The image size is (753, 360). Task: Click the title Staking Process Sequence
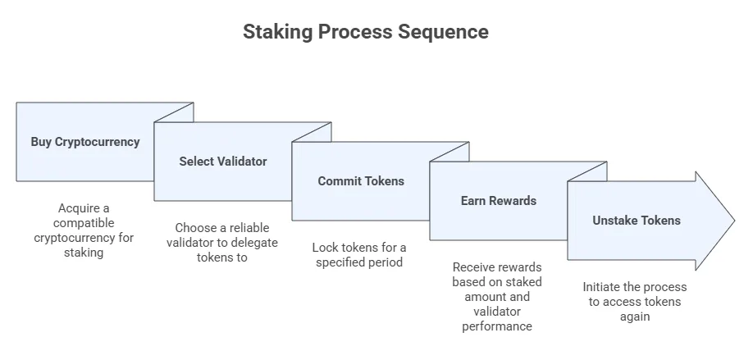365,32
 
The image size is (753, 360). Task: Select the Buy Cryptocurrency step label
85,142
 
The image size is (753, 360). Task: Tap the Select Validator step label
223,162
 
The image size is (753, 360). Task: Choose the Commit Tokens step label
361,181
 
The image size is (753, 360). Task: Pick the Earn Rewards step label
499,201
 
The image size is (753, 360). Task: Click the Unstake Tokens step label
637,221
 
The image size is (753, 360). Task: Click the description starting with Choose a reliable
223,242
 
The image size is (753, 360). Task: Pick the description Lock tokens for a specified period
359,254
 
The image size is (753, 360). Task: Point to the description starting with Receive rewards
497,296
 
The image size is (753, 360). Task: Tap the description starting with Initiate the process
635,301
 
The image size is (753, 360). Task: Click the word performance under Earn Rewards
497,326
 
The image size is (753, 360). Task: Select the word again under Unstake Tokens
635,317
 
